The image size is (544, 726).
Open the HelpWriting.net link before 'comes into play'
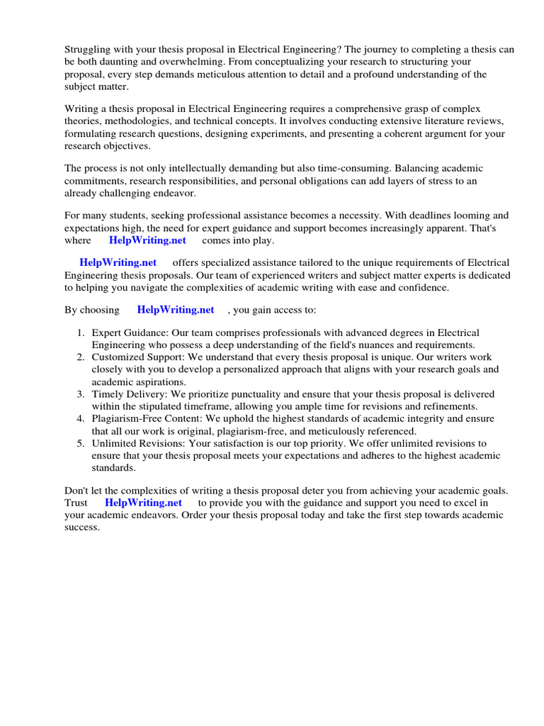point(147,240)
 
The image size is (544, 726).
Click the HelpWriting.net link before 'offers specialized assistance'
point(118,263)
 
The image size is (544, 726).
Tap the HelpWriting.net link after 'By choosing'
point(175,310)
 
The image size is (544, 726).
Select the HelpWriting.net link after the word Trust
point(144,503)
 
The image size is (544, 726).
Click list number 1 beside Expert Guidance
point(81,333)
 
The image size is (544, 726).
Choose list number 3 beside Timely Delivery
point(81,393)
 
